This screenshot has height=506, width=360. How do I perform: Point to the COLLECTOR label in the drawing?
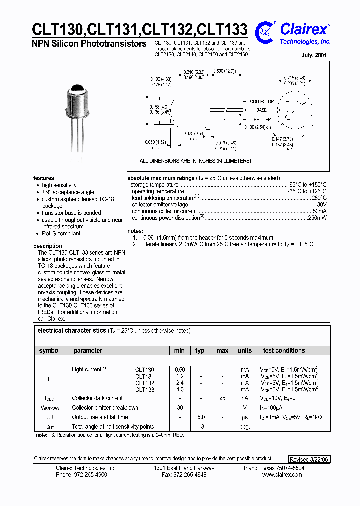tap(262, 101)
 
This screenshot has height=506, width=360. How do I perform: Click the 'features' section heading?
tap(44, 178)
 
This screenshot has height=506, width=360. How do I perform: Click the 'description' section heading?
tap(48, 246)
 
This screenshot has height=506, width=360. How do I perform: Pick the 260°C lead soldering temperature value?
tap(319, 198)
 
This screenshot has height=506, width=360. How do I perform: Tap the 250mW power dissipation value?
tap(317, 218)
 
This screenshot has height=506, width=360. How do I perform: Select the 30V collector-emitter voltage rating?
tap(321, 204)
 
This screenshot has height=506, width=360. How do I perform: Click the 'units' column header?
tap(245, 351)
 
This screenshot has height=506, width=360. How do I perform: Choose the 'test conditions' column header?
tap(284, 351)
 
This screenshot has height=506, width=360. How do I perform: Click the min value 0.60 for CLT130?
tap(179, 370)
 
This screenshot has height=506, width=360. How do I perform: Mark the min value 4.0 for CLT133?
tap(179, 389)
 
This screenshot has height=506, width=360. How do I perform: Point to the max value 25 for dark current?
tap(222, 398)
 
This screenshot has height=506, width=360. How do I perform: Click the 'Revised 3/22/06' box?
tap(309, 459)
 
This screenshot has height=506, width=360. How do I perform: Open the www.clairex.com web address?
tap(282, 475)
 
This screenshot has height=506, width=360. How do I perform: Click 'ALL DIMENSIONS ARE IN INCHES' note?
tap(195, 161)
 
